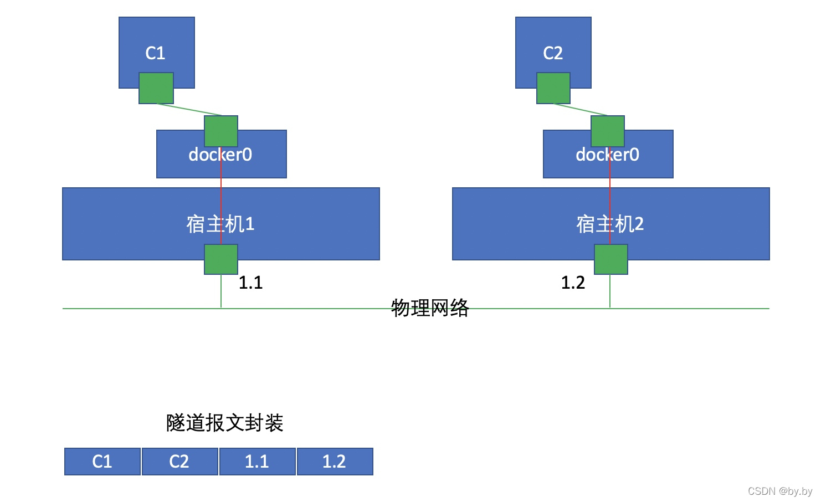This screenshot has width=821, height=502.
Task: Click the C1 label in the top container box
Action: (x=156, y=53)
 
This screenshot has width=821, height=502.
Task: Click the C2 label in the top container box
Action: (x=553, y=53)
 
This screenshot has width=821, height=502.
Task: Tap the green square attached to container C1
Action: (x=156, y=88)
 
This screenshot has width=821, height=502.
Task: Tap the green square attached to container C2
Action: (x=553, y=88)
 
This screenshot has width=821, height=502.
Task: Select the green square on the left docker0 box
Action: (x=221, y=131)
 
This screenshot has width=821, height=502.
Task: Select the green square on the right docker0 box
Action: (x=608, y=131)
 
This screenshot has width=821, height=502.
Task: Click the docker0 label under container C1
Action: (x=220, y=155)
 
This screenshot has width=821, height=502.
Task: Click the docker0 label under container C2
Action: (x=608, y=155)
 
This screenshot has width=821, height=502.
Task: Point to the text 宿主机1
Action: (x=220, y=224)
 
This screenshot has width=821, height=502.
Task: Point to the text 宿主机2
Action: (x=610, y=224)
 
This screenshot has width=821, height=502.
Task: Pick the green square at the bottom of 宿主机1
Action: (x=221, y=259)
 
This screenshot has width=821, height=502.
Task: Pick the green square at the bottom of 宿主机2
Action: (x=611, y=259)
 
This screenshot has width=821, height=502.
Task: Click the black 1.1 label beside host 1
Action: (x=250, y=283)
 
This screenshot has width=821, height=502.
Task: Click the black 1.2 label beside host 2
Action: (x=573, y=283)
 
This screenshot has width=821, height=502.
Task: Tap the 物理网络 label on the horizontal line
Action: (x=430, y=308)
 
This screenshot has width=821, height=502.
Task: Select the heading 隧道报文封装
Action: (x=225, y=423)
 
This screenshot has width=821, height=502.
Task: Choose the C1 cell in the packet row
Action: (x=102, y=462)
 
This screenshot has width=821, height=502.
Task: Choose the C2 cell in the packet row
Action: (x=179, y=462)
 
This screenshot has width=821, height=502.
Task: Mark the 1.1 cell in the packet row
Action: (x=257, y=462)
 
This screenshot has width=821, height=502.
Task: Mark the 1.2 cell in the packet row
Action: (x=335, y=462)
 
